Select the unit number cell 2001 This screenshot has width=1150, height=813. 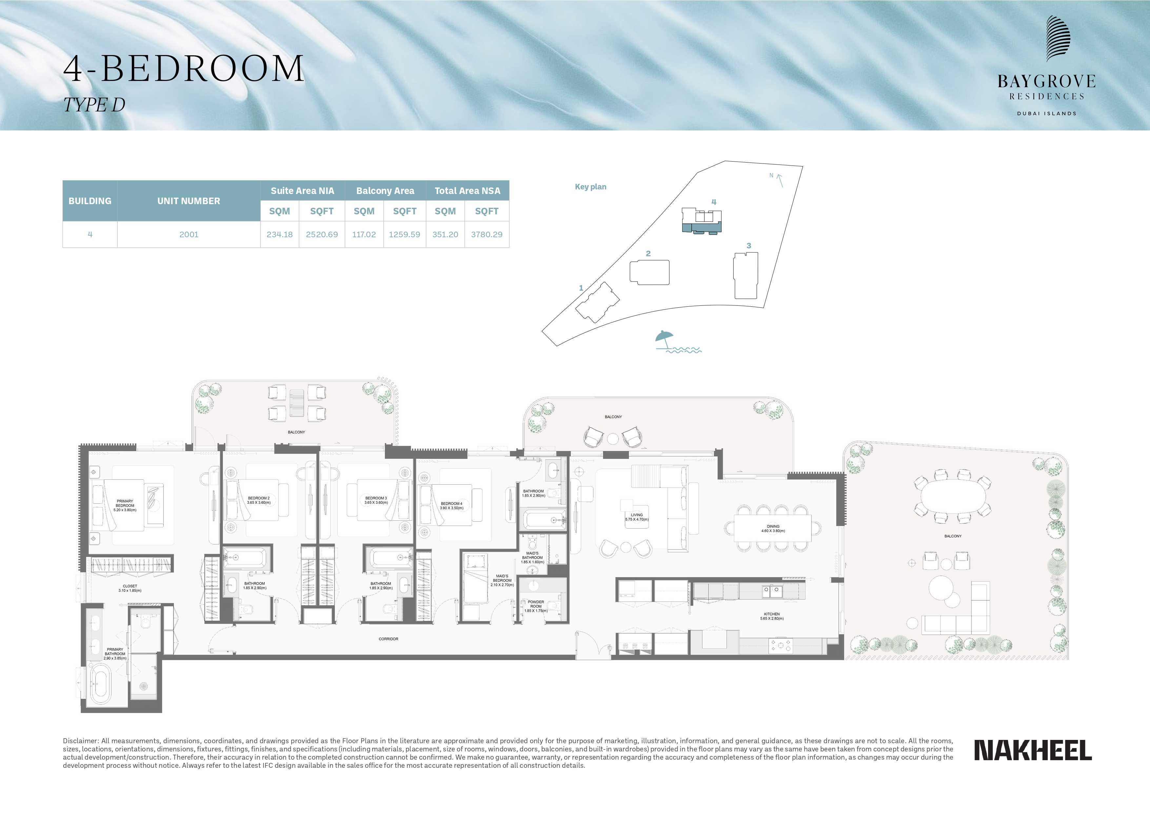(189, 234)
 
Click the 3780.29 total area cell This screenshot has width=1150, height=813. (486, 234)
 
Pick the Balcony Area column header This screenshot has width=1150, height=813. (385, 191)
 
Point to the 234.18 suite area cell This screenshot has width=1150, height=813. (280, 234)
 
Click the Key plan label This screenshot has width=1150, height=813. (590, 187)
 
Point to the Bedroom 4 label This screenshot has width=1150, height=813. (451, 506)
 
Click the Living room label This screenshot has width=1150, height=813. (637, 517)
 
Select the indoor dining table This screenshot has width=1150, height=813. (773, 528)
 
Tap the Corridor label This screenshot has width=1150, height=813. (388, 639)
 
